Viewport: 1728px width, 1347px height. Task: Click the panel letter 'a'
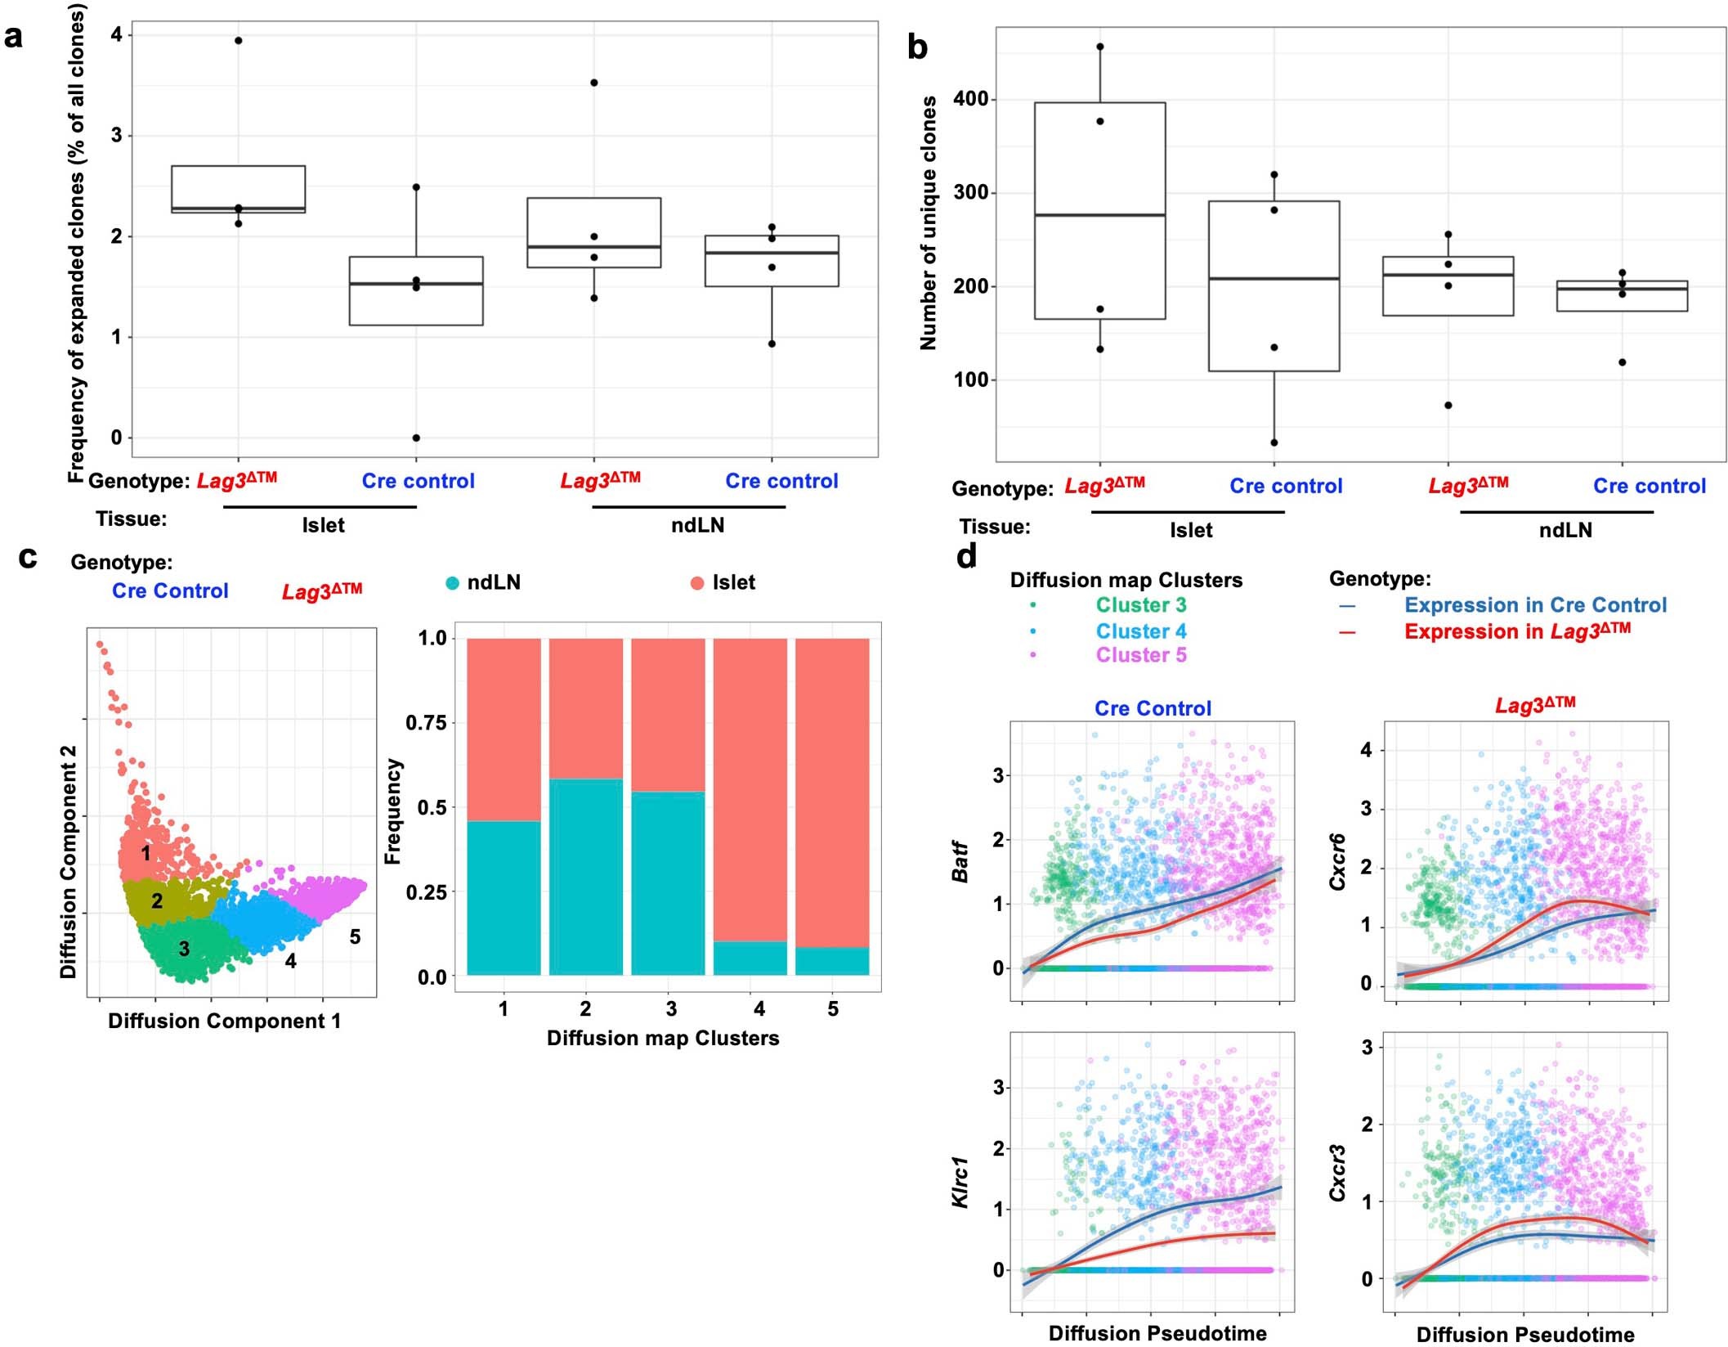tap(14, 37)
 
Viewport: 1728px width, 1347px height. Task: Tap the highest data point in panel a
tap(238, 40)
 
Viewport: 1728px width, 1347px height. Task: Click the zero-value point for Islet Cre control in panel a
tap(416, 438)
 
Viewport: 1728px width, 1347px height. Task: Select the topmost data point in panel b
tap(1099, 47)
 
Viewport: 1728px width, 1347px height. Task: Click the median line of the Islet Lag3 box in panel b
tap(1099, 215)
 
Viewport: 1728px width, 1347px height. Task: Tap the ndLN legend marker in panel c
tap(452, 583)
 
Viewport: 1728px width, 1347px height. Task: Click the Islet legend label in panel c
tap(733, 582)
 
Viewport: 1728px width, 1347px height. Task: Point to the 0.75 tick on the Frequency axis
tap(426, 722)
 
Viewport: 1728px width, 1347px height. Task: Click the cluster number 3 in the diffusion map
tap(184, 949)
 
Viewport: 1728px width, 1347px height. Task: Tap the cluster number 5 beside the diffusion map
tap(355, 936)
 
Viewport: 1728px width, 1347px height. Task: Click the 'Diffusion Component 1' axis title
tap(224, 1021)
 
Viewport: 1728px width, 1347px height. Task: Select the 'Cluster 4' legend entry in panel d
tap(1140, 631)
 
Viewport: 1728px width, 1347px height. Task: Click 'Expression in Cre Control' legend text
tap(1534, 605)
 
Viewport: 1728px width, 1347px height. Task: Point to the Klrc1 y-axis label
tap(960, 1182)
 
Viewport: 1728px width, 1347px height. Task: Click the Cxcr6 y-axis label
tap(1337, 862)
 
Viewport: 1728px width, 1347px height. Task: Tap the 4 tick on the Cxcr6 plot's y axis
tap(1366, 750)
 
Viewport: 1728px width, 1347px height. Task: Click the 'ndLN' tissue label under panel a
tap(697, 525)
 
